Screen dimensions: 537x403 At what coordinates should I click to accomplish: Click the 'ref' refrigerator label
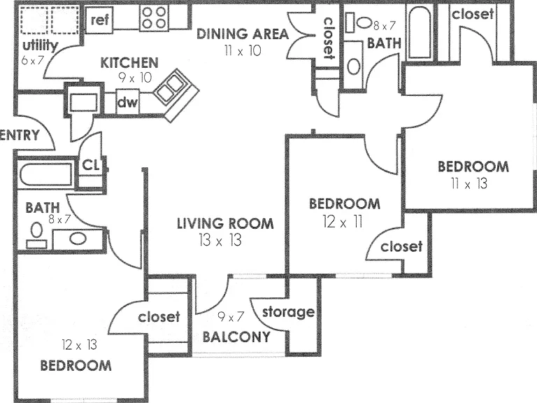pyautogui.click(x=100, y=20)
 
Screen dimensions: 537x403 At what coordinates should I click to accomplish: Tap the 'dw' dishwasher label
pyautogui.click(x=127, y=102)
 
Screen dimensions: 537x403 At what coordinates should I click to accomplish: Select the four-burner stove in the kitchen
pyautogui.click(x=154, y=17)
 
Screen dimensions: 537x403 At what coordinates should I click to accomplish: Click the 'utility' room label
pyautogui.click(x=40, y=45)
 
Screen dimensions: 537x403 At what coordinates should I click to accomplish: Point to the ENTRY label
pyautogui.click(x=20, y=135)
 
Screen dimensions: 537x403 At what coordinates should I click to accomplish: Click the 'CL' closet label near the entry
pyautogui.click(x=91, y=166)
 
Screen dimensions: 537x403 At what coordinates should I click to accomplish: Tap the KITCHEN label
pyautogui.click(x=129, y=63)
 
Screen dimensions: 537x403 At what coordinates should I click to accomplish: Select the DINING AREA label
pyautogui.click(x=243, y=34)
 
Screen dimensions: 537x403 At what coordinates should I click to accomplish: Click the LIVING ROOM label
pyautogui.click(x=225, y=223)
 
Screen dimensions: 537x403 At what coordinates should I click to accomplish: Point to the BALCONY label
pyautogui.click(x=236, y=337)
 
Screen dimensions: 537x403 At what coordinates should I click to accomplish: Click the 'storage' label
pyautogui.click(x=288, y=312)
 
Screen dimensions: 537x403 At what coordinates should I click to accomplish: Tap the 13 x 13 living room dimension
pyautogui.click(x=220, y=240)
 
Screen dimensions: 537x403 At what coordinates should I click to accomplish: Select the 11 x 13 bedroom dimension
pyautogui.click(x=469, y=184)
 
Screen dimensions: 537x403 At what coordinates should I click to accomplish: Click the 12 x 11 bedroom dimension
pyautogui.click(x=343, y=222)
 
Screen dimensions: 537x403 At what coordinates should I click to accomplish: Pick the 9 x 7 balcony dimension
pyautogui.click(x=231, y=317)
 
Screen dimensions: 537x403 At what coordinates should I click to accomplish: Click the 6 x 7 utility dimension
pyautogui.click(x=33, y=60)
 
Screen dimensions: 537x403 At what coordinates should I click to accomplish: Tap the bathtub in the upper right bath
pyautogui.click(x=419, y=31)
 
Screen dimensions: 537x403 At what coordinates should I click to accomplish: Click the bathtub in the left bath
pyautogui.click(x=45, y=175)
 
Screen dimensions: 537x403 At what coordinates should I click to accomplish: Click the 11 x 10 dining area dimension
pyautogui.click(x=243, y=50)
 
